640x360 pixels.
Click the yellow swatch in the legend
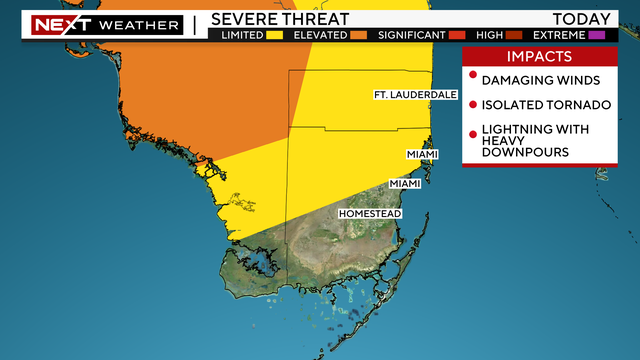point(273,35)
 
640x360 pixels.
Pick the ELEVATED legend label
point(318,35)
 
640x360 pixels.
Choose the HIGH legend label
point(490,35)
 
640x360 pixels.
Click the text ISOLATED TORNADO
point(539,105)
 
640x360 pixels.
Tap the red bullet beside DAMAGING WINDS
point(472,78)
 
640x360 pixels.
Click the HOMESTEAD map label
point(370,214)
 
